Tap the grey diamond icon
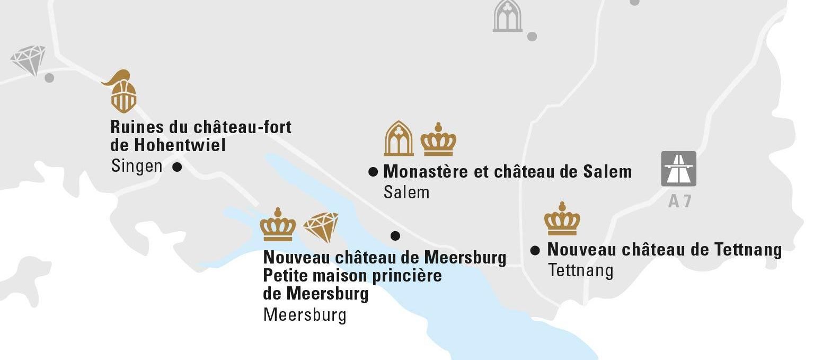point(28,59)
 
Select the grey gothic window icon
point(507,16)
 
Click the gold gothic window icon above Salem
point(399,139)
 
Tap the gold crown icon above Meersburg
point(278,225)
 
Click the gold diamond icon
point(321,226)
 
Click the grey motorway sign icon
point(678,169)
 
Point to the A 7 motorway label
point(679,201)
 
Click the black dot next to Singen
point(178,167)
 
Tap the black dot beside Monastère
point(373,171)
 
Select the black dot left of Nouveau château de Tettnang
point(535,250)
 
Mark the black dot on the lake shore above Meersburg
point(395,235)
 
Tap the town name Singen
point(137,166)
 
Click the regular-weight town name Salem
point(406,192)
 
